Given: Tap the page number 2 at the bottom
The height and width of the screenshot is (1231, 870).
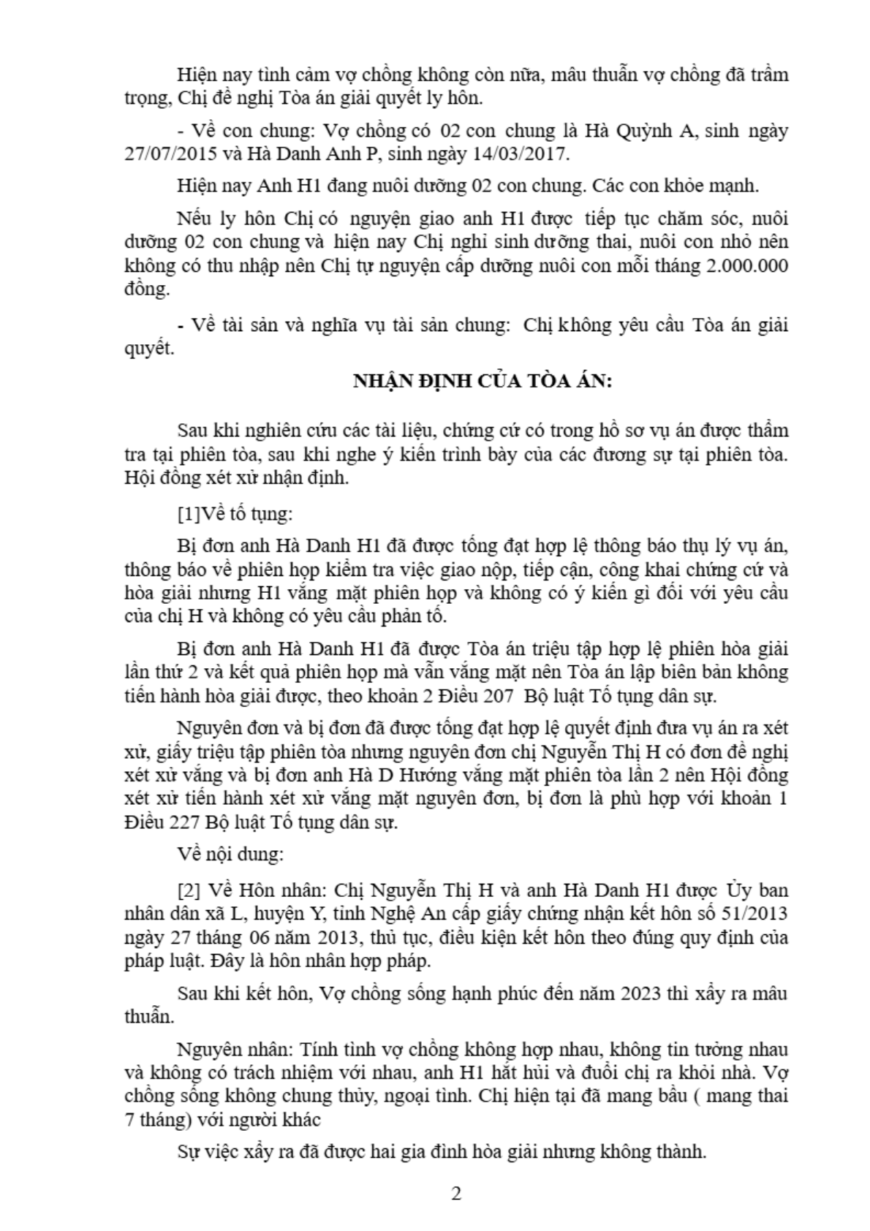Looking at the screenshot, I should [x=457, y=1194].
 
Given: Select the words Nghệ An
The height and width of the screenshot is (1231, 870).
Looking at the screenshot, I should [x=431, y=914].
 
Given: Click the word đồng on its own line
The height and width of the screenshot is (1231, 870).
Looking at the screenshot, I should [x=147, y=289].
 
